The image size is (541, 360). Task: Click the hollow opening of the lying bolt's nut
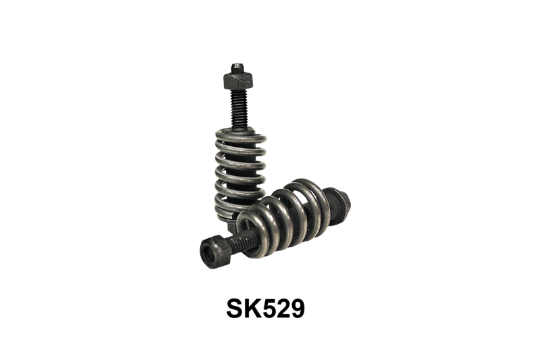(208, 254)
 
